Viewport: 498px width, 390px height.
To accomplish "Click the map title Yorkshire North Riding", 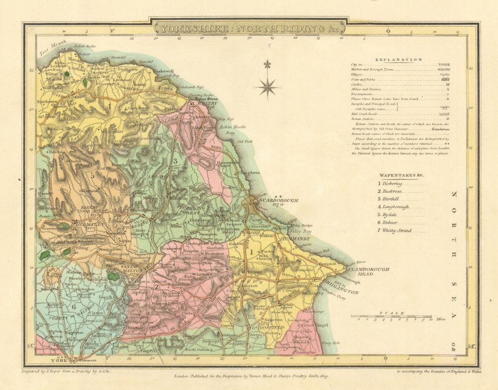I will pos(249,28).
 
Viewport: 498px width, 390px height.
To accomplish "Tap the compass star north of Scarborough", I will pos(267,87).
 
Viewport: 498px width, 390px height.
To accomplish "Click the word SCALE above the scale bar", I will pos(390,313).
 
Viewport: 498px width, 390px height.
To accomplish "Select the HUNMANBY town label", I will pos(297,240).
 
